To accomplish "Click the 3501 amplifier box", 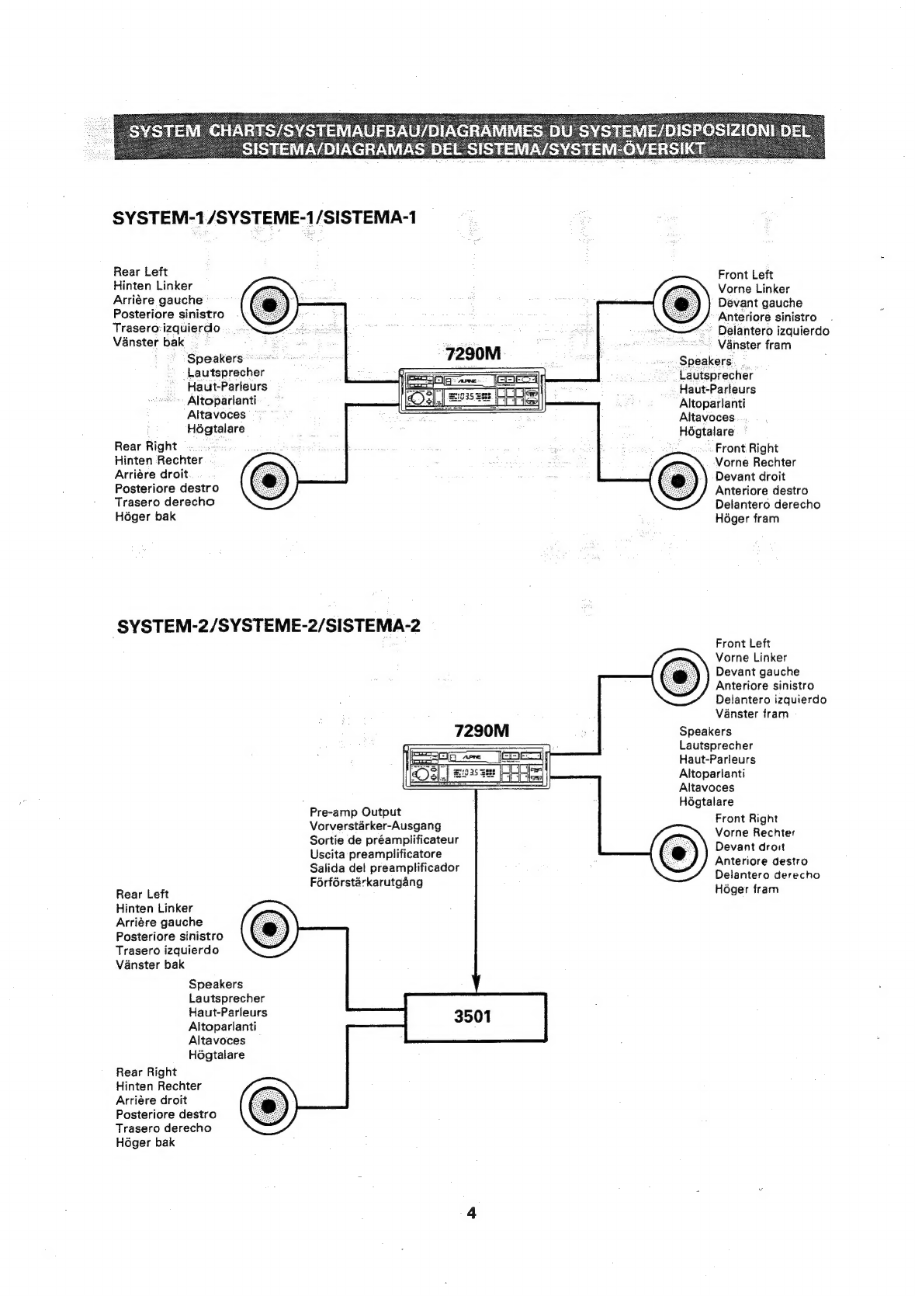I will [476, 1016].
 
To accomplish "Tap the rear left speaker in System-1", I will [269, 304].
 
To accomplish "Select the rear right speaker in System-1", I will [269, 481].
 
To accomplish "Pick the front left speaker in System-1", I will [680, 304].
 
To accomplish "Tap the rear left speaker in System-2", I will [269, 929].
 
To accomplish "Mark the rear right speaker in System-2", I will [269, 1106].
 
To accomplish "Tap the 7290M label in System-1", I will [473, 354].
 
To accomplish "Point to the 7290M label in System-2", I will [481, 731].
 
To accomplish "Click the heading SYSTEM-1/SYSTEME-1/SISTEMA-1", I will [265, 217].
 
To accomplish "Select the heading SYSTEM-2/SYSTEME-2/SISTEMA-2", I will [269, 625].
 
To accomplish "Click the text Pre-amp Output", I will [355, 812].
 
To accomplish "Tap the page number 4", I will [471, 1212].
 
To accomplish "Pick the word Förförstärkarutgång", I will [366, 882].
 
